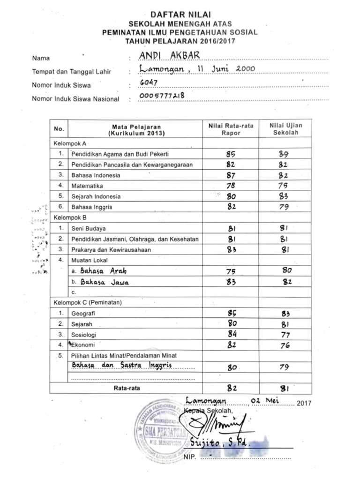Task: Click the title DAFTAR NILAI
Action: click(180, 15)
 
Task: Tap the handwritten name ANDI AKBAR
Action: click(170, 56)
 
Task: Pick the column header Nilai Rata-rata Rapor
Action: click(231, 129)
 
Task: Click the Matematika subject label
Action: click(87, 186)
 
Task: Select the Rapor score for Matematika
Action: click(231, 186)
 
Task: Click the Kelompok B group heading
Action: click(70, 218)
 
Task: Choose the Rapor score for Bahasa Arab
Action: click(231, 271)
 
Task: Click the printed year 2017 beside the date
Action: click(304, 403)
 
